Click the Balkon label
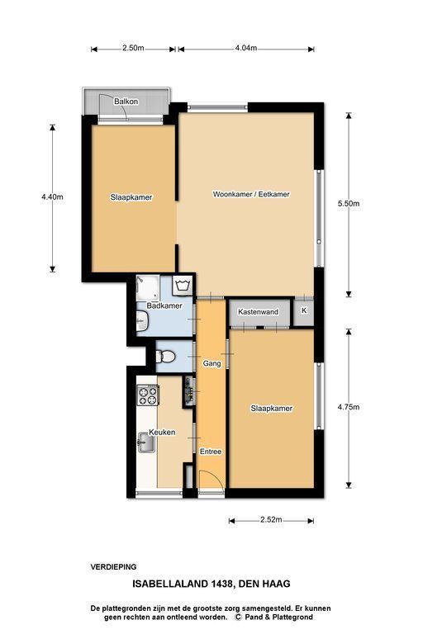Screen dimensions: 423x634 pyautogui.click(x=126, y=102)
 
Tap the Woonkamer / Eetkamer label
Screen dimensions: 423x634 pyautogui.click(x=251, y=194)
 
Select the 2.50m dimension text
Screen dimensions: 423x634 pyautogui.click(x=133, y=48)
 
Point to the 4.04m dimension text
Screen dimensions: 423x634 pyautogui.click(x=246, y=48)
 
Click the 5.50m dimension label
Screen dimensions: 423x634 pyautogui.click(x=349, y=203)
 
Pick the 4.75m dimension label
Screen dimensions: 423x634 pyautogui.click(x=349, y=407)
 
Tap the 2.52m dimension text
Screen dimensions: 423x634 pyautogui.click(x=271, y=519)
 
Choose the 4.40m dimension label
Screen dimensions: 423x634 pyautogui.click(x=52, y=197)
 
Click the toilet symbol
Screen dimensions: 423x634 pyautogui.click(x=165, y=357)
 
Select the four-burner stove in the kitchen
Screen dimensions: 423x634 pyautogui.click(x=147, y=395)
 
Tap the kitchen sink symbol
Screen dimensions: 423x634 pyautogui.click(x=145, y=442)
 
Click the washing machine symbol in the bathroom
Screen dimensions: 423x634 pyautogui.click(x=183, y=285)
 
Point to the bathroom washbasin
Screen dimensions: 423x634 pyautogui.click(x=142, y=321)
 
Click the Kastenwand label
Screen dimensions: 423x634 pyautogui.click(x=259, y=312)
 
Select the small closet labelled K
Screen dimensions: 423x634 pyautogui.click(x=303, y=311)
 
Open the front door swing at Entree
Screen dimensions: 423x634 pyautogui.click(x=211, y=480)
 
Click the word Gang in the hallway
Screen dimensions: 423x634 pyautogui.click(x=212, y=363)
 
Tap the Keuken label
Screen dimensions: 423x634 pyautogui.click(x=162, y=433)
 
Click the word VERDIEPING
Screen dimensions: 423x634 pyautogui.click(x=113, y=567)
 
